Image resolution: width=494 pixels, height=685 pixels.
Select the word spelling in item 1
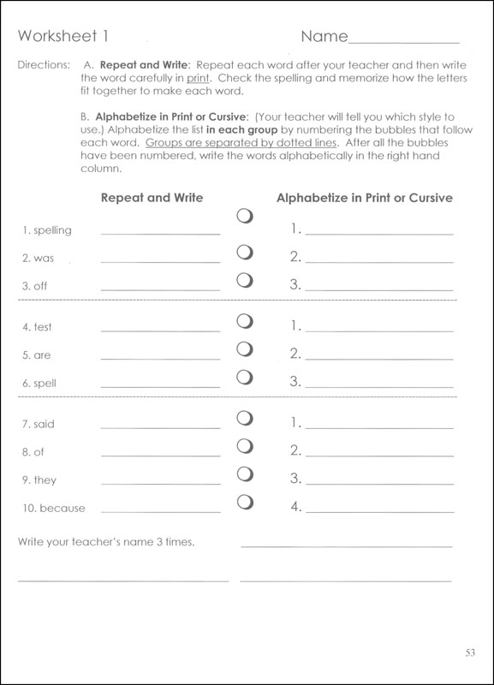coord(52,230)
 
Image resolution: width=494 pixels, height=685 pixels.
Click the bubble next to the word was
coord(245,253)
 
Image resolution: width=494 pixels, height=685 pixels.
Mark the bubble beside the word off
coord(245,280)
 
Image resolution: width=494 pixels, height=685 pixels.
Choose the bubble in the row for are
coord(245,348)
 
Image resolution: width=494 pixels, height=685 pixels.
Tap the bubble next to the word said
coord(245,418)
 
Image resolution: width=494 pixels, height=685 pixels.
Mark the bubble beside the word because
coord(245,502)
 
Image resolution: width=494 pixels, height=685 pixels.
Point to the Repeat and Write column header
coord(152,198)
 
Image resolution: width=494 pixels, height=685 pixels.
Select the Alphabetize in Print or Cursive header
coord(365,198)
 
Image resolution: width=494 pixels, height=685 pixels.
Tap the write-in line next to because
coord(160,510)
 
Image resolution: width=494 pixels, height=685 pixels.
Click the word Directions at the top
coord(41,64)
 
